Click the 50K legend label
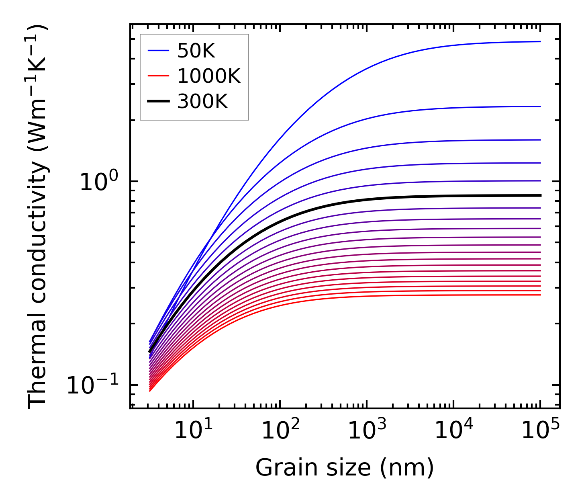(x=196, y=51)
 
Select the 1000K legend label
(x=209, y=76)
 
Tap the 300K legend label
(x=202, y=102)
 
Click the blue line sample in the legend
(x=158, y=51)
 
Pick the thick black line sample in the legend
(x=158, y=102)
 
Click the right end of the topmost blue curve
(x=540, y=41)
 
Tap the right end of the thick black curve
(x=540, y=195)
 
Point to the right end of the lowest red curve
(x=540, y=295)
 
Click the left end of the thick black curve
(x=149, y=352)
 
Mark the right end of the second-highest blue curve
(x=540, y=107)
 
